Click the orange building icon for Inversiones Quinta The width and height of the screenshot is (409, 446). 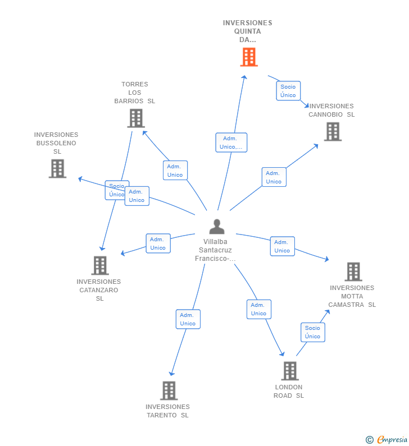248,57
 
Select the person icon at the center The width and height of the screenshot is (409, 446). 217,227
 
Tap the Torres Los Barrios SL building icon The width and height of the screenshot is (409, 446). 135,118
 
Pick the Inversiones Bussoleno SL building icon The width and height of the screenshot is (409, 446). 57,168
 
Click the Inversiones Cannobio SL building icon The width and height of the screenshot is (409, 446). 333,132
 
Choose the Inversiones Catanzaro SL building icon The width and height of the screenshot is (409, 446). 99,265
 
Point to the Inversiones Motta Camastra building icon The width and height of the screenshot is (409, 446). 353,272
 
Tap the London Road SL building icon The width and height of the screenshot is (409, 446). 289,371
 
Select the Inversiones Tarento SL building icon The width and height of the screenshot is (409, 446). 169,390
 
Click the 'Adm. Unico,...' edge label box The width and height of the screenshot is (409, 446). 231,142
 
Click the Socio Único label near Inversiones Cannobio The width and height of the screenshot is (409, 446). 288,91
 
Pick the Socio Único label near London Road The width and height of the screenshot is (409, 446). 312,332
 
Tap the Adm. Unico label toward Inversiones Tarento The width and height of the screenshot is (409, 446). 188,319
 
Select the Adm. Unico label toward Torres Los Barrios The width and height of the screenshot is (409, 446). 175,171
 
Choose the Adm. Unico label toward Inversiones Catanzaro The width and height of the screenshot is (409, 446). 158,243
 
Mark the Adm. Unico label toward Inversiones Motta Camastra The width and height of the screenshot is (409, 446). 282,246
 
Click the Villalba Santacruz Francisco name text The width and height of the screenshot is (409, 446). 217,250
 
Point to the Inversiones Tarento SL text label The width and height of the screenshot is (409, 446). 167,411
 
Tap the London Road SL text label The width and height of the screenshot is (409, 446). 288,391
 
